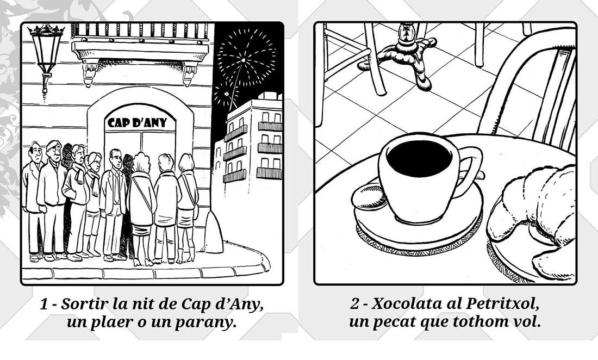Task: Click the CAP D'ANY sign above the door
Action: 138,122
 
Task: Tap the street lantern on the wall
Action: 46,57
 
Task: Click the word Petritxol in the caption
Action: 503,304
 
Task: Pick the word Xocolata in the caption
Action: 403,304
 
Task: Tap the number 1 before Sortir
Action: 45,305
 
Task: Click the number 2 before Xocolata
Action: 354,305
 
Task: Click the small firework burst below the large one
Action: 226,94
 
